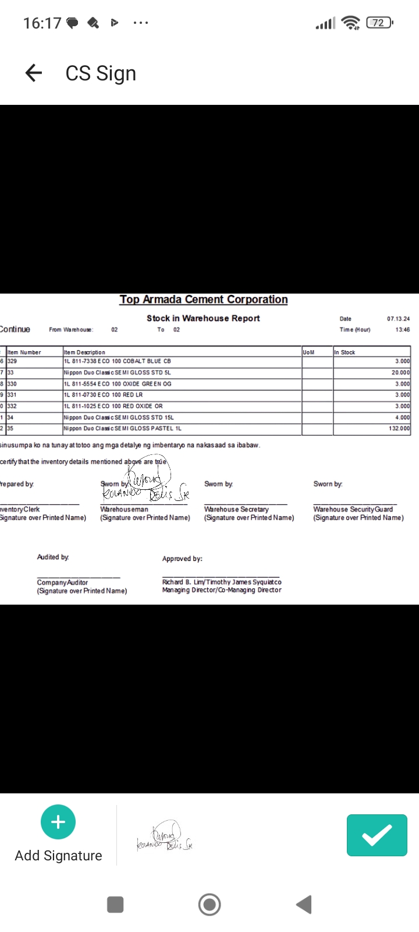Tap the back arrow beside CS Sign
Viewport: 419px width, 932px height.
click(34, 73)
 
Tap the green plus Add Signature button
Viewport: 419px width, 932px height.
click(58, 822)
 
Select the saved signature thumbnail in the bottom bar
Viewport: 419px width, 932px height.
click(165, 837)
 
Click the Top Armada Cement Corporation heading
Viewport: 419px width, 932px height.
click(204, 299)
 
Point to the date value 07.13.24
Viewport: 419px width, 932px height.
click(398, 319)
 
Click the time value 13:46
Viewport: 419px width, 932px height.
click(403, 330)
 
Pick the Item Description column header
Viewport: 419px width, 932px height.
click(84, 352)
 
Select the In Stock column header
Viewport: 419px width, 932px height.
click(345, 352)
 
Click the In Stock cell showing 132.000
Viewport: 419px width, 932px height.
click(399, 429)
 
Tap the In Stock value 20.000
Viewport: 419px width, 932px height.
click(400, 373)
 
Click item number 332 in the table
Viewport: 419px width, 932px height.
click(12, 406)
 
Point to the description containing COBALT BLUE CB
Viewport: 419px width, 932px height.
click(117, 361)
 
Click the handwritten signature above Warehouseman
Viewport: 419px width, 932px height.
click(145, 487)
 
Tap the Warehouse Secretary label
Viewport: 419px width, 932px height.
click(236, 509)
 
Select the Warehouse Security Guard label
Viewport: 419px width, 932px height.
click(353, 509)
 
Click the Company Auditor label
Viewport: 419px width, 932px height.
click(62, 582)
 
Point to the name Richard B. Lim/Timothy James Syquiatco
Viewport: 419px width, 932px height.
click(222, 582)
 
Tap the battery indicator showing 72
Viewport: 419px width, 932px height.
click(379, 23)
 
